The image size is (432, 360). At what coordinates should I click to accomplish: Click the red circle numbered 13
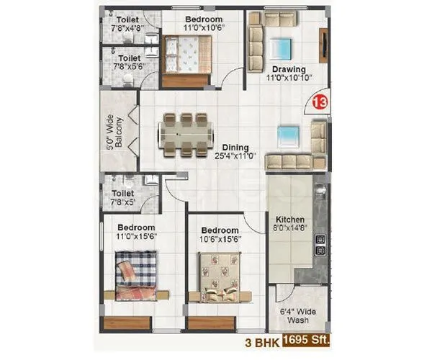tap(320, 102)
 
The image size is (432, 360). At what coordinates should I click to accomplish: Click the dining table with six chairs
tap(186, 133)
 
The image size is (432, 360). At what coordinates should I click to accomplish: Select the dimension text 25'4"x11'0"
tap(235, 156)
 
